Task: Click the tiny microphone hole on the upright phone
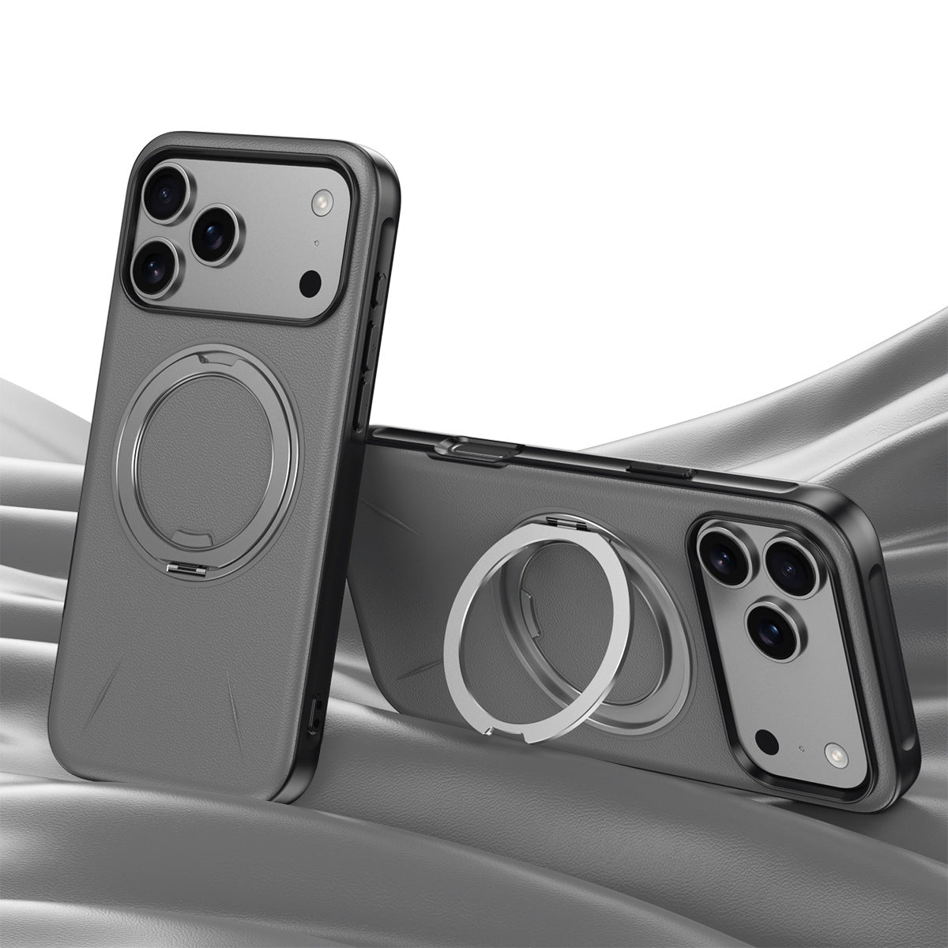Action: click(316, 243)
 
